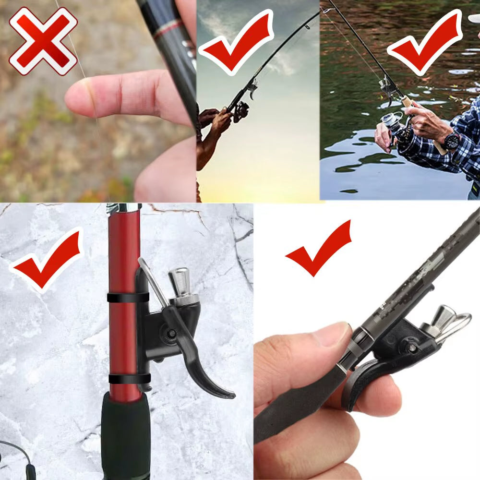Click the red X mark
click(x=43, y=41)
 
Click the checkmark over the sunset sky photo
click(x=235, y=41)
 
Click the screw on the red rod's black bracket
click(x=170, y=333)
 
